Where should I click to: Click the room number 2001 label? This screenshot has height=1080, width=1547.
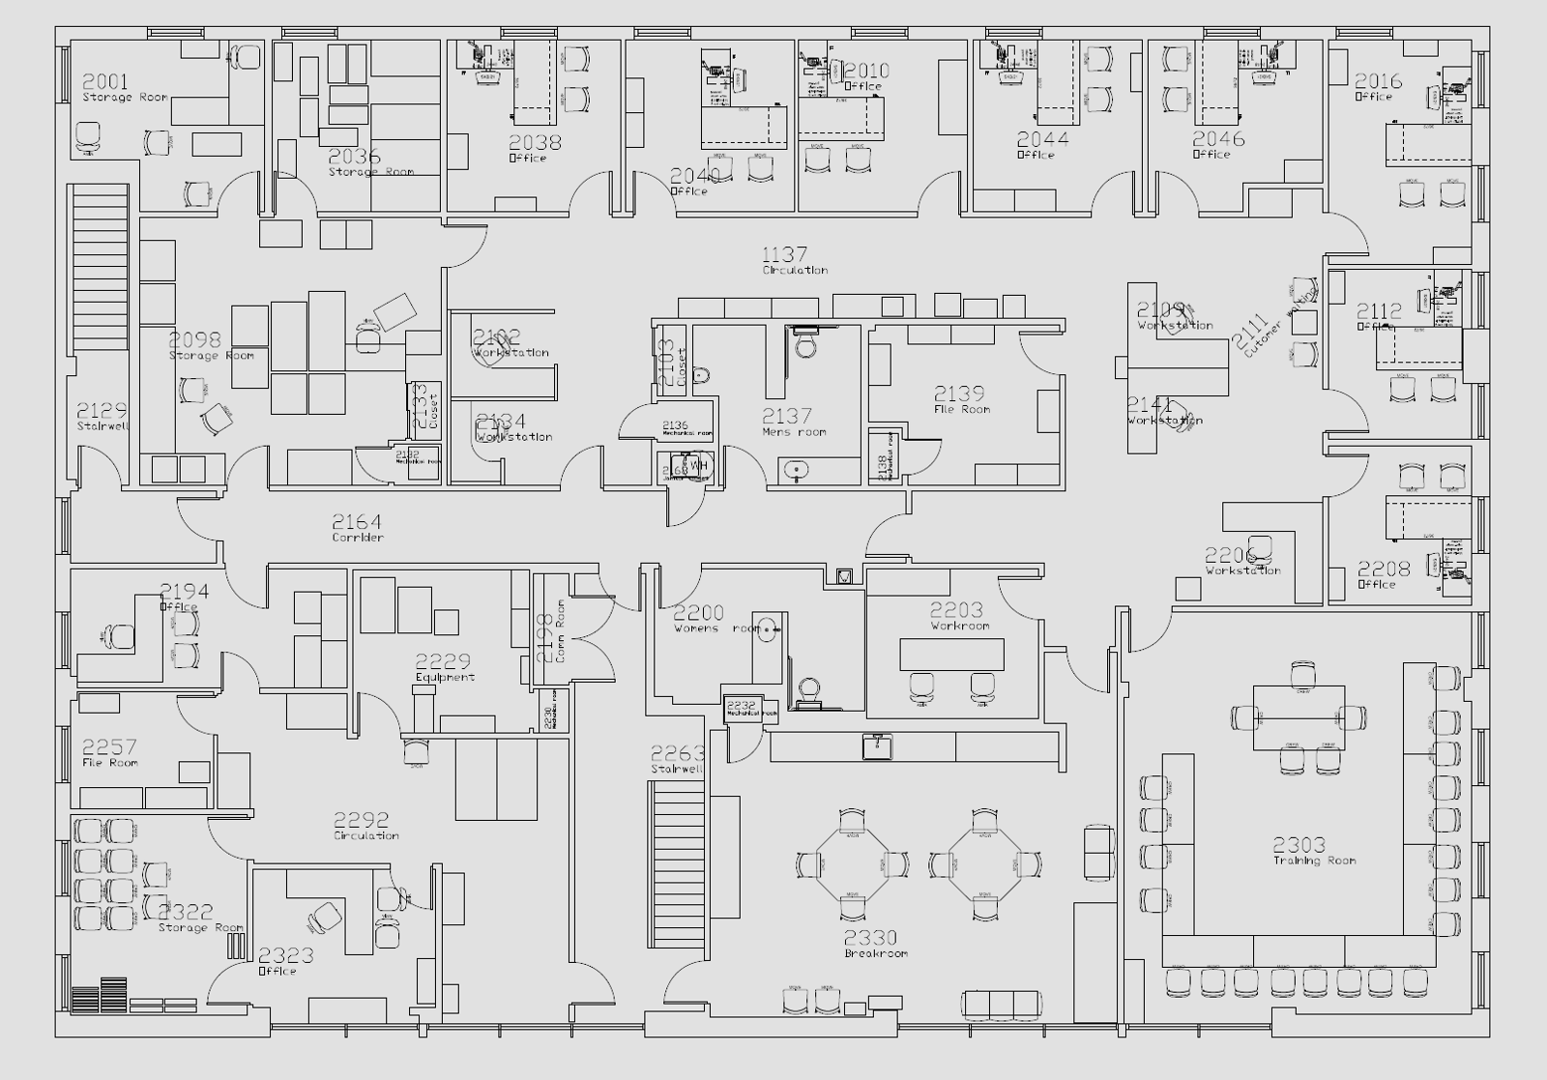point(104,82)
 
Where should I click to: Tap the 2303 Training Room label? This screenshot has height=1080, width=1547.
point(1313,851)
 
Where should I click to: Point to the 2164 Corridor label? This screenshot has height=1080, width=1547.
point(357,528)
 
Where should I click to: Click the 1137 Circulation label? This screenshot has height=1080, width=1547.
point(793,260)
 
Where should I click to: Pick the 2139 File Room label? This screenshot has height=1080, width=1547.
point(960,399)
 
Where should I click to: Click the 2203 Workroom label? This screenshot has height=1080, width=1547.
point(958,616)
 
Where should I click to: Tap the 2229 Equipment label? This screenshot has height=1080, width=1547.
point(444,667)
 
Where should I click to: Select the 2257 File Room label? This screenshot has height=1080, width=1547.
point(109,752)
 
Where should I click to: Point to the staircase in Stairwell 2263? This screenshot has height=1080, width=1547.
point(677,851)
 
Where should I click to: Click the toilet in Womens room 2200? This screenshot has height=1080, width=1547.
point(808,692)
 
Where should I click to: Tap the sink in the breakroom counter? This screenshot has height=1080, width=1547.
point(878,745)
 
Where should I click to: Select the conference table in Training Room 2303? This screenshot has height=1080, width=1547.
point(1299,716)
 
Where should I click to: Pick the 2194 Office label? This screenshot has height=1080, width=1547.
point(183,597)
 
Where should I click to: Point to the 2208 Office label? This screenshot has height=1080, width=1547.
point(1383,574)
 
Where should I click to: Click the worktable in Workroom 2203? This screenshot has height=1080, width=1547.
point(951,655)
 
